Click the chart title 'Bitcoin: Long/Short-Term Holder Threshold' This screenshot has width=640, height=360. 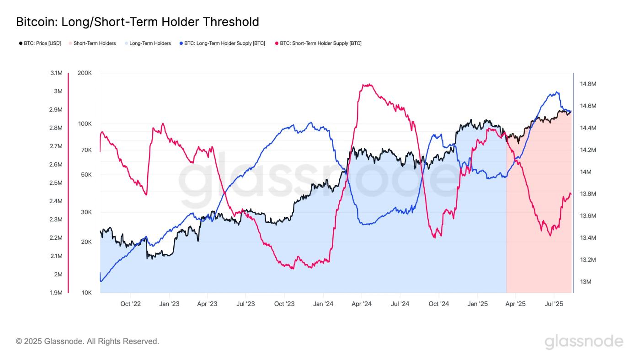point(137,22)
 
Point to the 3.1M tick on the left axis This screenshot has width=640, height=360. point(56,73)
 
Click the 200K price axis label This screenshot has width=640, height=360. point(85,73)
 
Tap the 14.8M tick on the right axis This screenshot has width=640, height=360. point(588,84)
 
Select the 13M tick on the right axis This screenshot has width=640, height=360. point(586,282)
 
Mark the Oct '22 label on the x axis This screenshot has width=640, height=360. point(131,303)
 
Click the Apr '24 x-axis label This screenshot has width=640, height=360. point(362,303)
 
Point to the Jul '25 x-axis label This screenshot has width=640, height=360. point(554,303)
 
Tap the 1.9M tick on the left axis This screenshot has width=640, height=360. point(56,293)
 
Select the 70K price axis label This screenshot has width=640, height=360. point(86,150)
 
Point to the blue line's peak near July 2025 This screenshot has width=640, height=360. point(556,92)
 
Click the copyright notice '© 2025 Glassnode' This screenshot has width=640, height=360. point(87,341)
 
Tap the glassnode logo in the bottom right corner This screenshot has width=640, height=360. point(584,342)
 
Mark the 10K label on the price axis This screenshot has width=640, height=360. point(86,293)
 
